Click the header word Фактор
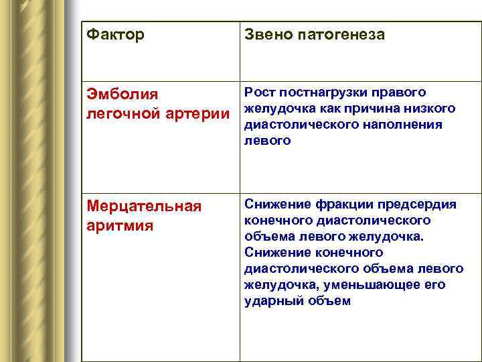click(x=116, y=34)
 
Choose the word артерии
click(x=199, y=115)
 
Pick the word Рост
click(x=260, y=93)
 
